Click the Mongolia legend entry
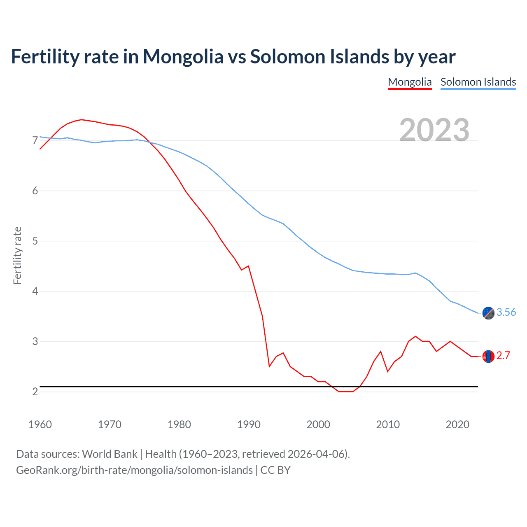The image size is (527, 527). pyautogui.click(x=410, y=82)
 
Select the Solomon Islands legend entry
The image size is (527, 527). pyautogui.click(x=478, y=82)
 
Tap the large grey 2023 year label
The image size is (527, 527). pyautogui.click(x=434, y=130)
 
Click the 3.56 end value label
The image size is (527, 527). pyautogui.click(x=506, y=312)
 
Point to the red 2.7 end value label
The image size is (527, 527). pyautogui.click(x=503, y=356)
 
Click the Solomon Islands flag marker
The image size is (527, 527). pyautogui.click(x=488, y=313)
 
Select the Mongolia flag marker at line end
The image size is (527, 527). pyautogui.click(x=488, y=356)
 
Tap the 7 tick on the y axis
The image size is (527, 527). pyautogui.click(x=35, y=141)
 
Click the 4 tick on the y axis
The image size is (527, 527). pyautogui.click(x=35, y=291)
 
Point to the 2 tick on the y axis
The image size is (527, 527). pyautogui.click(x=35, y=392)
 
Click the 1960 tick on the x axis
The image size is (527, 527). pyautogui.click(x=40, y=424)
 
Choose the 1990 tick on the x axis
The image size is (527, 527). pyautogui.click(x=249, y=424)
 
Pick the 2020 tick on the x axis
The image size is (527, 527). pyautogui.click(x=457, y=424)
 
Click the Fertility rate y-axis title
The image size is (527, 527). pyautogui.click(x=17, y=255)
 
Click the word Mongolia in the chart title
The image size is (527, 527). pyautogui.click(x=183, y=56)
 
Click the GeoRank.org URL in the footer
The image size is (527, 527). pyautogui.click(x=134, y=470)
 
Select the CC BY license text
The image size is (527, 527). pyautogui.click(x=275, y=470)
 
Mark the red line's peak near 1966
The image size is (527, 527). pyautogui.click(x=82, y=119)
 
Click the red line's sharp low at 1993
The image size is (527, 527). pyautogui.click(x=269, y=366)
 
